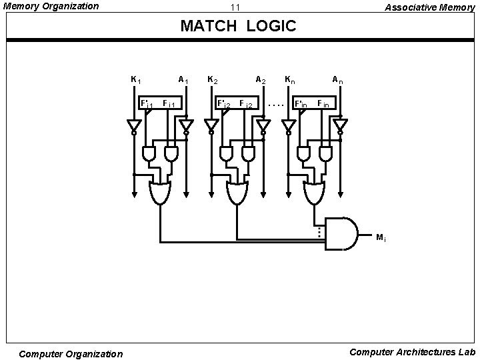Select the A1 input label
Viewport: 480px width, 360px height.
pos(183,80)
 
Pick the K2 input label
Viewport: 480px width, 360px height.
pos(213,80)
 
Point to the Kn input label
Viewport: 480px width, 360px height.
pos(290,80)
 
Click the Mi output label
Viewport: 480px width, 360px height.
pos(380,237)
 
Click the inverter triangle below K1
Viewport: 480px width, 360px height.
pos(134,125)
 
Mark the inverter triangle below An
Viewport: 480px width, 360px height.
pos(341,125)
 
